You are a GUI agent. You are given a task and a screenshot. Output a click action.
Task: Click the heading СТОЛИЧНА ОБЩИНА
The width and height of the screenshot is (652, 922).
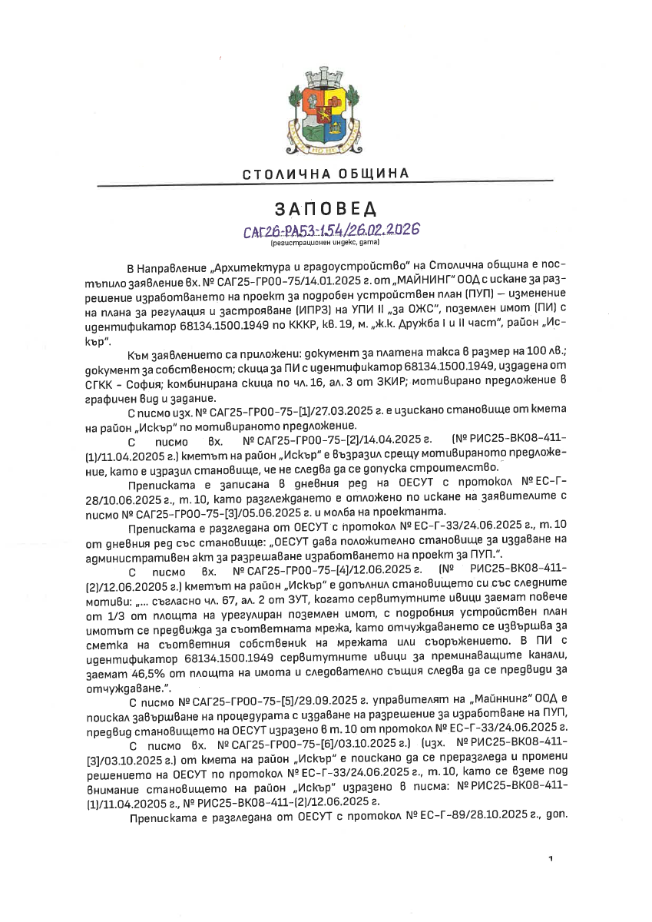pos(326,174)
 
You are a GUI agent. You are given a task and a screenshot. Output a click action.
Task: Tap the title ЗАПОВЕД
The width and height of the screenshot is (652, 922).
pos(325,209)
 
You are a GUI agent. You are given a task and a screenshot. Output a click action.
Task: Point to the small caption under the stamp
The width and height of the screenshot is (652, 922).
pos(325,243)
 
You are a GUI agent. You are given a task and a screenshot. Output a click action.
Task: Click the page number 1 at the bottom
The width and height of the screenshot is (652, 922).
pos(551,857)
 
